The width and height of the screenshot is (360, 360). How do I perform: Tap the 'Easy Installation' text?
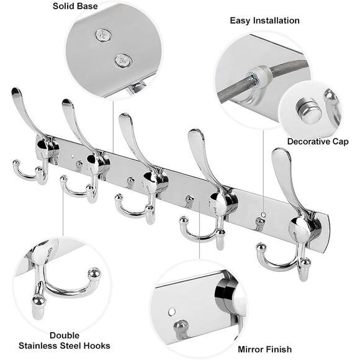[x=264, y=20]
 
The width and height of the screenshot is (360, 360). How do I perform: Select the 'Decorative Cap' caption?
[x=317, y=142]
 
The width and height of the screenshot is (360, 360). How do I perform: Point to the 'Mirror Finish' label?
[x=264, y=349]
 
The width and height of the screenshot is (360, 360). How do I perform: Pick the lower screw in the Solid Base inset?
[x=124, y=61]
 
